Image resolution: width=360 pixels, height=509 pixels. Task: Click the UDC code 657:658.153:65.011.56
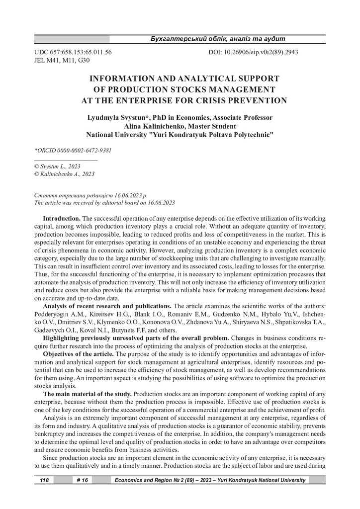click(80, 52)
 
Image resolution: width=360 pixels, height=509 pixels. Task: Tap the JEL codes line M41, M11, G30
click(62, 60)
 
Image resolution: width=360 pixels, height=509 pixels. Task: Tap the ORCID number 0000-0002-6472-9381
click(84, 150)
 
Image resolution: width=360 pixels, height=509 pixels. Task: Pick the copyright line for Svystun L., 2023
click(57, 166)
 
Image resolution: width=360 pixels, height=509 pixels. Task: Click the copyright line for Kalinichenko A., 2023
click(64, 174)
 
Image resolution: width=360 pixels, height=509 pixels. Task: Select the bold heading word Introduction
click(62, 219)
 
